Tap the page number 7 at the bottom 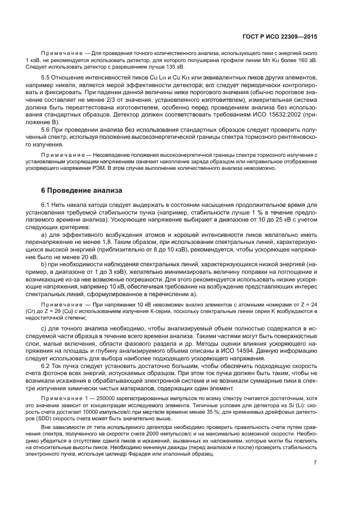pyautogui.click(x=315, y=462)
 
